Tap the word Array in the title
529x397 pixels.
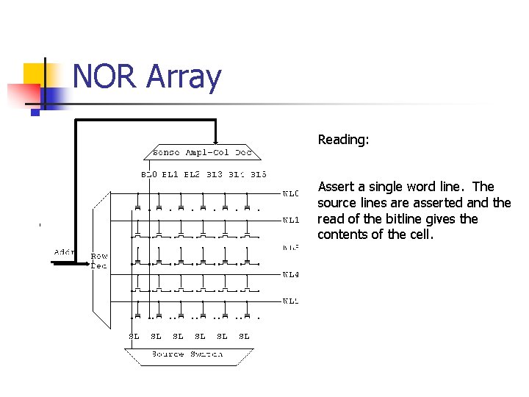point(184,78)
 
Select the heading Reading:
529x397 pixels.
point(343,139)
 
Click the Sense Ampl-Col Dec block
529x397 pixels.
point(202,153)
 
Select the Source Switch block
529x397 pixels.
point(187,354)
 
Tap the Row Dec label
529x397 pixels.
point(99,261)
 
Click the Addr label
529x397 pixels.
point(65,252)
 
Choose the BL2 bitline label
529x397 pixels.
point(192,175)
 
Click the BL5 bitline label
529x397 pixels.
point(259,175)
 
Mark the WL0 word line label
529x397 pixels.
point(291,194)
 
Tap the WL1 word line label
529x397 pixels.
point(291,220)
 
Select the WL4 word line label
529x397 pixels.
point(291,275)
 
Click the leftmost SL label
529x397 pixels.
point(134,336)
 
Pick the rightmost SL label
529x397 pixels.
point(244,336)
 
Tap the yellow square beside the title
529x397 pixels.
point(34,74)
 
